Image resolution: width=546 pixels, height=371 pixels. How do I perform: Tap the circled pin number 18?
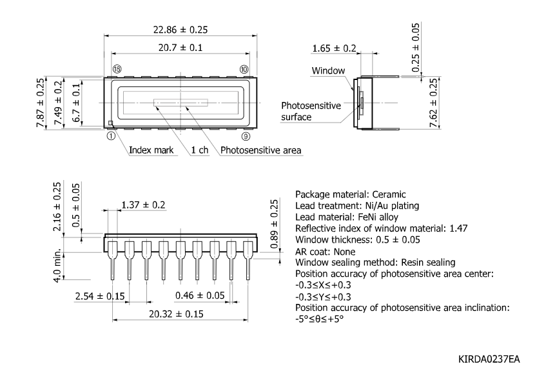point(117,69)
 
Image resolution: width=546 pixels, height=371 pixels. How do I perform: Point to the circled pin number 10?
point(244,69)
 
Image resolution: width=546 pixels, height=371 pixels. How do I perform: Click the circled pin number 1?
point(111,135)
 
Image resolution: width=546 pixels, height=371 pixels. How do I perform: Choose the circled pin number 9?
point(245,135)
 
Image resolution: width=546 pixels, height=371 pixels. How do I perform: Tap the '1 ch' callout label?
point(199,150)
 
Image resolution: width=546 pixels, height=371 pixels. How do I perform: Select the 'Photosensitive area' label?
point(261,150)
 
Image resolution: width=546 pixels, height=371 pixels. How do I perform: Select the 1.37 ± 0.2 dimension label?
point(143,205)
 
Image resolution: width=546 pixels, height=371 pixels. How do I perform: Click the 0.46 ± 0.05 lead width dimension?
point(200,296)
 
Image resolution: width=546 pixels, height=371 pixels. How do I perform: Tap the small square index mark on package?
point(110,123)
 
